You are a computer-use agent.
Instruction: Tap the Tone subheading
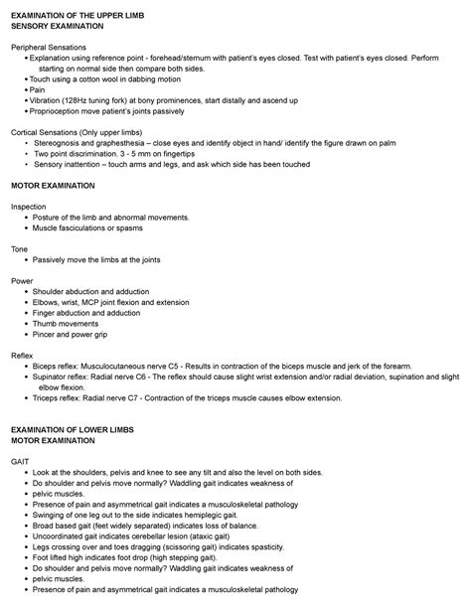[x=19, y=248]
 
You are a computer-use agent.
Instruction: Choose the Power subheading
[x=22, y=280]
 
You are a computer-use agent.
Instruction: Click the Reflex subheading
[x=22, y=355]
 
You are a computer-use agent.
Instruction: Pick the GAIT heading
[x=21, y=461]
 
